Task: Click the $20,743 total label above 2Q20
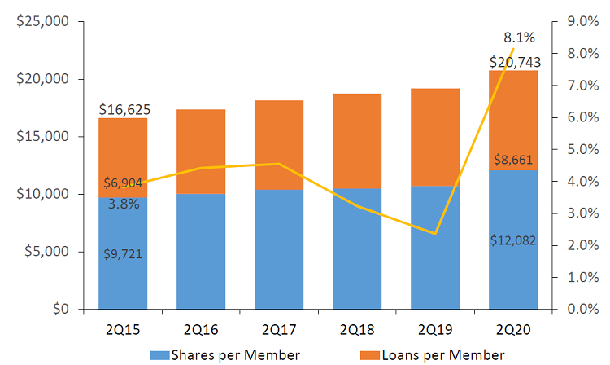513,62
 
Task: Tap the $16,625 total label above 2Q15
124,109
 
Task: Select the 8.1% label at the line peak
519,37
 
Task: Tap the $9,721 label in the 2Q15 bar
123,253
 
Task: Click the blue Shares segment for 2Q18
357,248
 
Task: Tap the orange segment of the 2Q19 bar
435,137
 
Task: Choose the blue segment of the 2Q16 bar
201,251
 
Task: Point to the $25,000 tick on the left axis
43,22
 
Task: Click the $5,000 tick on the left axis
46,252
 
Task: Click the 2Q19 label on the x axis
435,330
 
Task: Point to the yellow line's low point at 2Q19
435,234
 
